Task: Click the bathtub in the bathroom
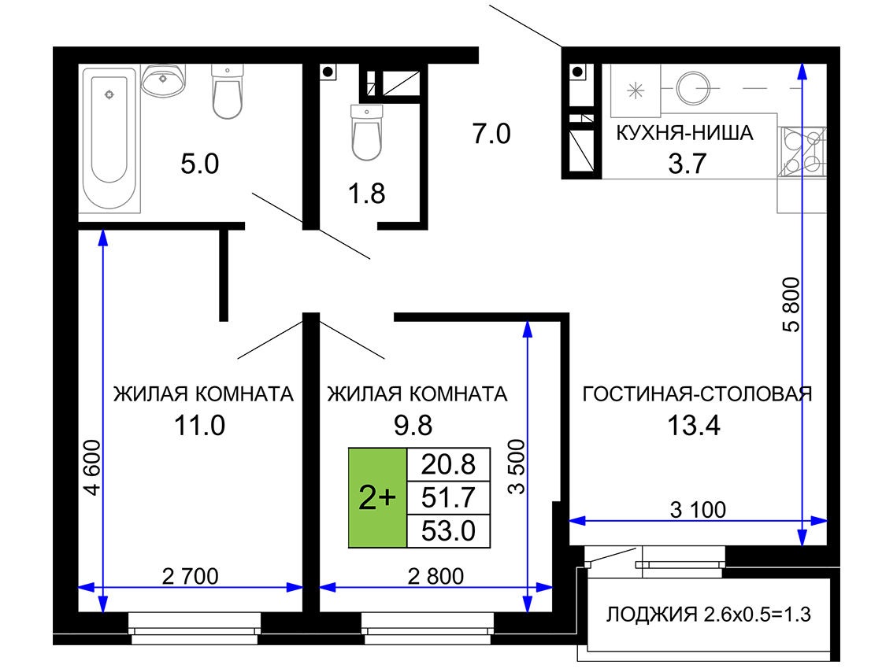[109, 138]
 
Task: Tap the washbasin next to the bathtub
[163, 80]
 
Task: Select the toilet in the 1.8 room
[367, 133]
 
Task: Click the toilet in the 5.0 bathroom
[227, 91]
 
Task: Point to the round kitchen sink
[693, 88]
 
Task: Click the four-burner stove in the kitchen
[802, 152]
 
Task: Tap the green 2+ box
[378, 498]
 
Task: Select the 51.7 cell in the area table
[449, 498]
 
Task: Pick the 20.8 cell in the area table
[449, 464]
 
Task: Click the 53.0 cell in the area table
[449, 531]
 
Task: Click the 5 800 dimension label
[791, 304]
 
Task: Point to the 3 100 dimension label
[698, 509]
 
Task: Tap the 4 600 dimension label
[91, 467]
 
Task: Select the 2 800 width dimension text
[435, 577]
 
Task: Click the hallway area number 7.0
[491, 134]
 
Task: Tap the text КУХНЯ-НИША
[685, 133]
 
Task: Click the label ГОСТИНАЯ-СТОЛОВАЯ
[697, 394]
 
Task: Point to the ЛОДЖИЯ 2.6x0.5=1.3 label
[708, 615]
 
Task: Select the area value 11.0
[199, 426]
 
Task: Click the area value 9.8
[413, 426]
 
